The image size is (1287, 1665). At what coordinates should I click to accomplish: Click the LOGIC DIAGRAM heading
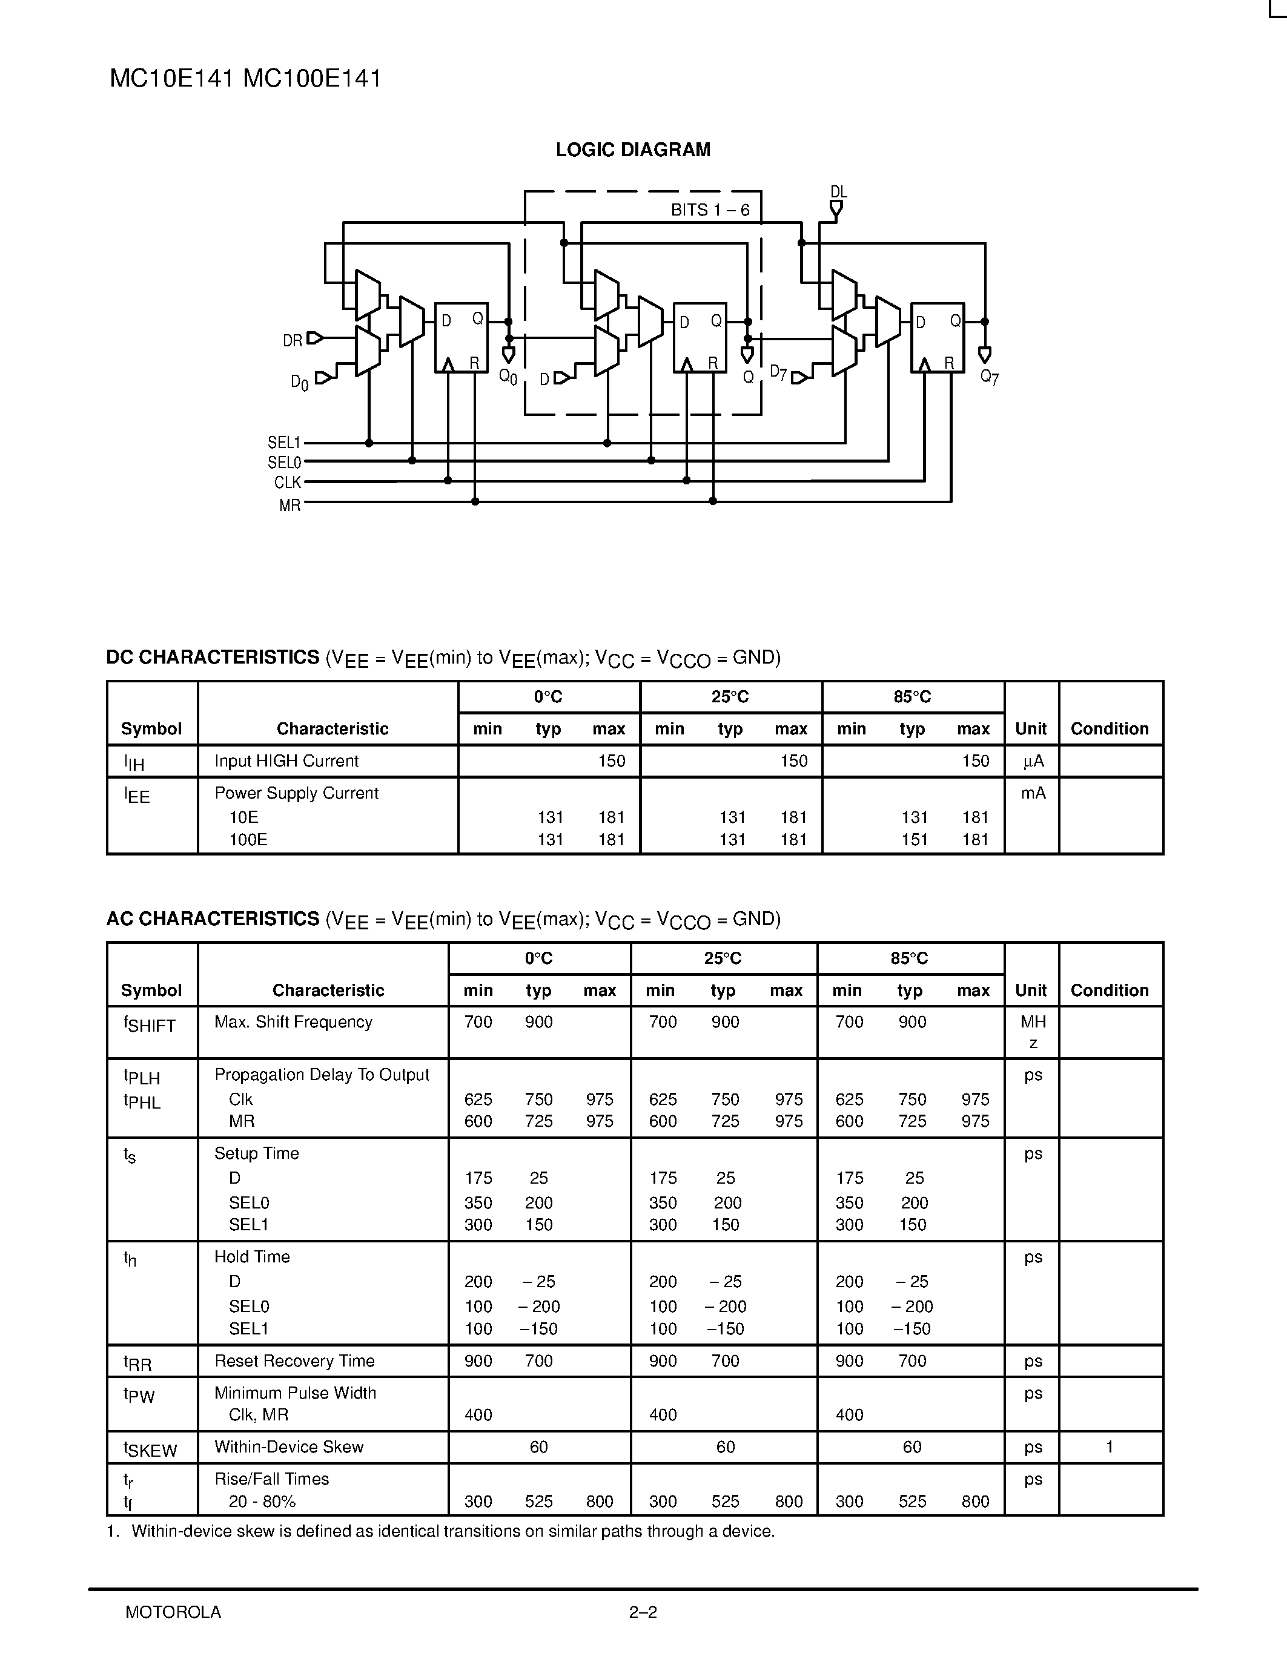point(633,150)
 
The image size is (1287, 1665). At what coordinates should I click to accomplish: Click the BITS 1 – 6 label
point(710,209)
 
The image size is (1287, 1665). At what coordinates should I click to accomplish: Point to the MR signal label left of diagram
point(289,506)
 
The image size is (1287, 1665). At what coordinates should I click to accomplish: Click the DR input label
point(293,341)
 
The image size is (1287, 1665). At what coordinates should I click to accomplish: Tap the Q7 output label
point(989,377)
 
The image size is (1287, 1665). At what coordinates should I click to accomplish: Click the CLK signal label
point(288,483)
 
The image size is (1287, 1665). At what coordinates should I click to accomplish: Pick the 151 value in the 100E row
point(914,839)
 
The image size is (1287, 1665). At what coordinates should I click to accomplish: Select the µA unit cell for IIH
point(1033,761)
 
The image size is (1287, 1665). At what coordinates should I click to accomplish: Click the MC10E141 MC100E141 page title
point(245,79)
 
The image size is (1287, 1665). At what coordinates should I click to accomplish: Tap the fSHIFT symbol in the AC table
point(150,1024)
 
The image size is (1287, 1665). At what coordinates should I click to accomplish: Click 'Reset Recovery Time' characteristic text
point(294,1361)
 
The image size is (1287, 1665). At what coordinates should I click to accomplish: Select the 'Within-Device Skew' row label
point(289,1447)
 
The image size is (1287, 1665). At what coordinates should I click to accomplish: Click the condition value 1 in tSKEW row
point(1110,1447)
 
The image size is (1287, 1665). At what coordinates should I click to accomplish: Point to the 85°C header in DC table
point(912,697)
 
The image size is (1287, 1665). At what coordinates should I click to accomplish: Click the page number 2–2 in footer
point(643,1612)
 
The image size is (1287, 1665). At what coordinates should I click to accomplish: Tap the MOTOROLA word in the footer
point(173,1612)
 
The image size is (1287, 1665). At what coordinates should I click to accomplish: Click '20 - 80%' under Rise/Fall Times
point(262,1501)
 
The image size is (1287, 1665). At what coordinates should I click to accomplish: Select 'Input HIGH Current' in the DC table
point(286,761)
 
